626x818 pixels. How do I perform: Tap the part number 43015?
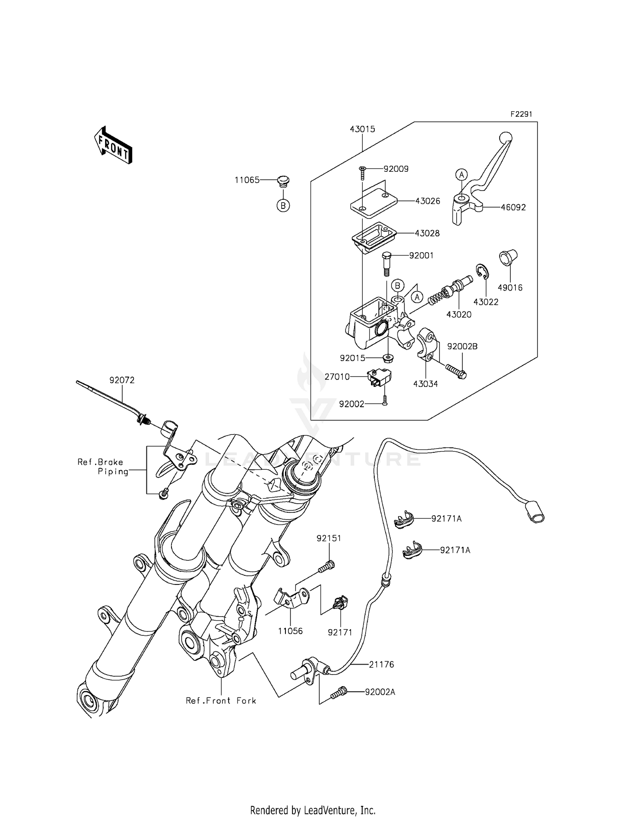click(x=362, y=129)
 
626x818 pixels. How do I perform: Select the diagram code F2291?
click(x=521, y=114)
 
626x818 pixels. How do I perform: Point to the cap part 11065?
click(x=283, y=181)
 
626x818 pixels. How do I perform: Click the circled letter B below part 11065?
click(x=283, y=206)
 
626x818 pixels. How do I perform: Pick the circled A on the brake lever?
click(x=461, y=175)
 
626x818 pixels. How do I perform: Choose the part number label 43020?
click(x=459, y=315)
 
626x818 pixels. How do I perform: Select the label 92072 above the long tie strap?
click(x=122, y=380)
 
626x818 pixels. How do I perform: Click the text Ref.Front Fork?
click(x=221, y=700)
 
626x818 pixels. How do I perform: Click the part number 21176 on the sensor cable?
click(x=381, y=665)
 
